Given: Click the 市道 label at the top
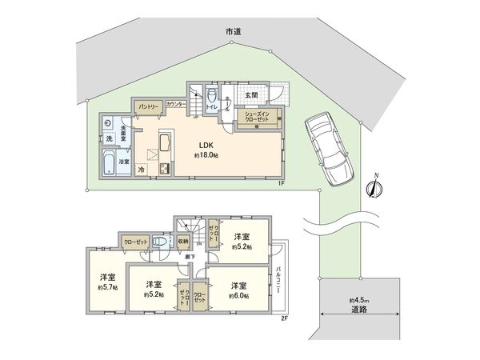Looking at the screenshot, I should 234,30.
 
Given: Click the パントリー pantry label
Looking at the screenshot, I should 149,106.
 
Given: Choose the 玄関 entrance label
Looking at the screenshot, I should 250,95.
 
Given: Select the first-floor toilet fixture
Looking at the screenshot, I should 210,94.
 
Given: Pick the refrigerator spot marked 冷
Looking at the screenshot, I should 142,170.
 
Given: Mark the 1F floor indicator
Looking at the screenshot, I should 282,184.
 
